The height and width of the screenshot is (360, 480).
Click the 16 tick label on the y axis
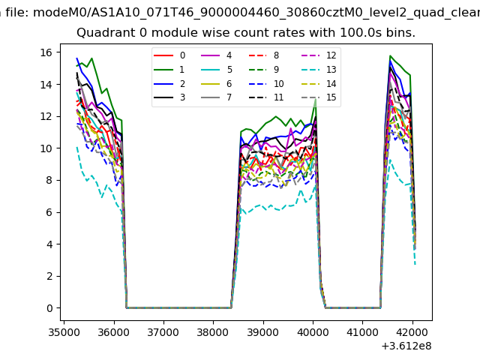coord(45,52)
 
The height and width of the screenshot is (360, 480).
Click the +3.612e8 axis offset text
coord(406,345)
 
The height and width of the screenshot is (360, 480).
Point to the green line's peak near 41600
coord(391,56)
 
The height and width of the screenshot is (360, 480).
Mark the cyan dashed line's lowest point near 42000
coord(415,264)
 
